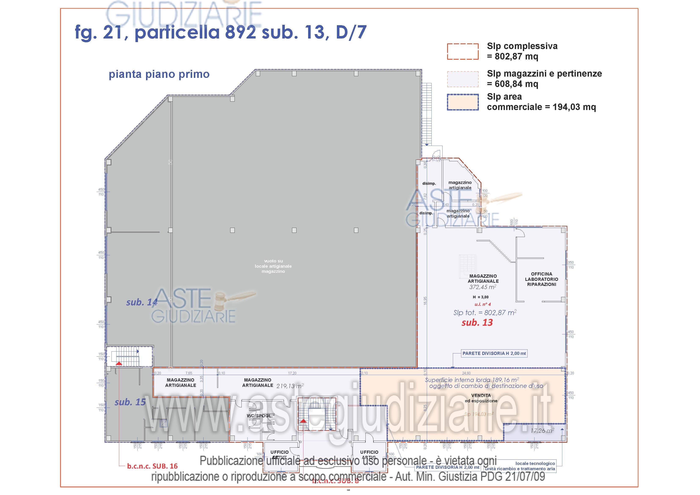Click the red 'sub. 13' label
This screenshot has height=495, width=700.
coord(477,323)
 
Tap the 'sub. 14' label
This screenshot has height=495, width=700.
coord(142,302)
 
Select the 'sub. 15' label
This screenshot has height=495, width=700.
coord(130,402)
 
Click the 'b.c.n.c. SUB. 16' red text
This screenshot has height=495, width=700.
coord(152,466)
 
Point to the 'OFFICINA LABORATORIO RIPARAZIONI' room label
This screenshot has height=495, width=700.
coord(542,279)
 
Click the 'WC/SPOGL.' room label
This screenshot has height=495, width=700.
coord(259,416)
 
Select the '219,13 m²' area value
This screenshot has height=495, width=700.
coord(290,386)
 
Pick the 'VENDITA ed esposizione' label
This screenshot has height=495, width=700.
coord(481,398)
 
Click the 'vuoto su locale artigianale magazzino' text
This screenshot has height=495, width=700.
coord(273,266)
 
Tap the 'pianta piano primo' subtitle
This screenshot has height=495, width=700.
coord(159,74)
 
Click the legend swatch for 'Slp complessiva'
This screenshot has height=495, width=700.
coord(463,51)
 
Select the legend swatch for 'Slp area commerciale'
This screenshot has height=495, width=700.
coord(463,102)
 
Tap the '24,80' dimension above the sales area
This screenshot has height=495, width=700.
coord(466,373)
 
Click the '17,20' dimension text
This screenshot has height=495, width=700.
coord(292,373)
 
